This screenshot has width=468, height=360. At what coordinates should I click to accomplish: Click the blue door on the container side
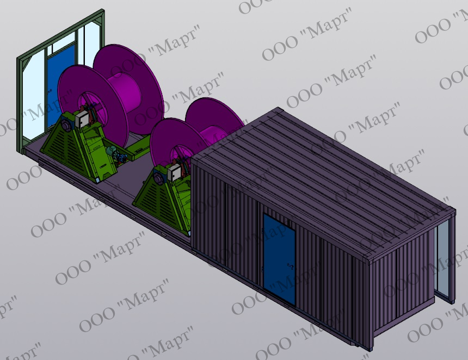pos(279,259)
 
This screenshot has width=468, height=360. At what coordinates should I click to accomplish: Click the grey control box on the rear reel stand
pos(82,119)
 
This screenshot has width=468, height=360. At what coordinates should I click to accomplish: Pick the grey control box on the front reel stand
pos(174,173)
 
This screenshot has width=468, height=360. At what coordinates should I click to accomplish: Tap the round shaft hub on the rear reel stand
pos(66,122)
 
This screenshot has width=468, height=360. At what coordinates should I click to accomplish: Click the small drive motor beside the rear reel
pos(114,153)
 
